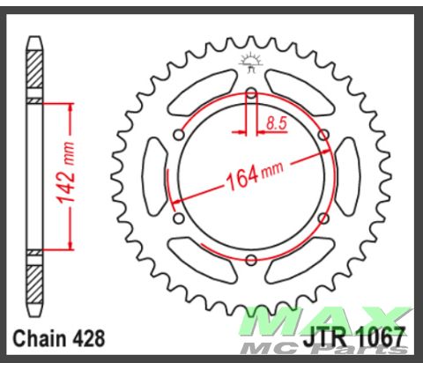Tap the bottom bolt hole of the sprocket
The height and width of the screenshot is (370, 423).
click(x=251, y=258)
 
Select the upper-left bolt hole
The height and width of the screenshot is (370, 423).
click(x=180, y=135)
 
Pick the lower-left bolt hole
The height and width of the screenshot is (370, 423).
click(x=180, y=218)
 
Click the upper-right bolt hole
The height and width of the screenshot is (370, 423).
click(x=323, y=135)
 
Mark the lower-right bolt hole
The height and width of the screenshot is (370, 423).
click(x=323, y=218)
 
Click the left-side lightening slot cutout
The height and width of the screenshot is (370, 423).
click(x=155, y=176)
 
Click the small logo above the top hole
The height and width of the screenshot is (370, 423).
click(x=251, y=63)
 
